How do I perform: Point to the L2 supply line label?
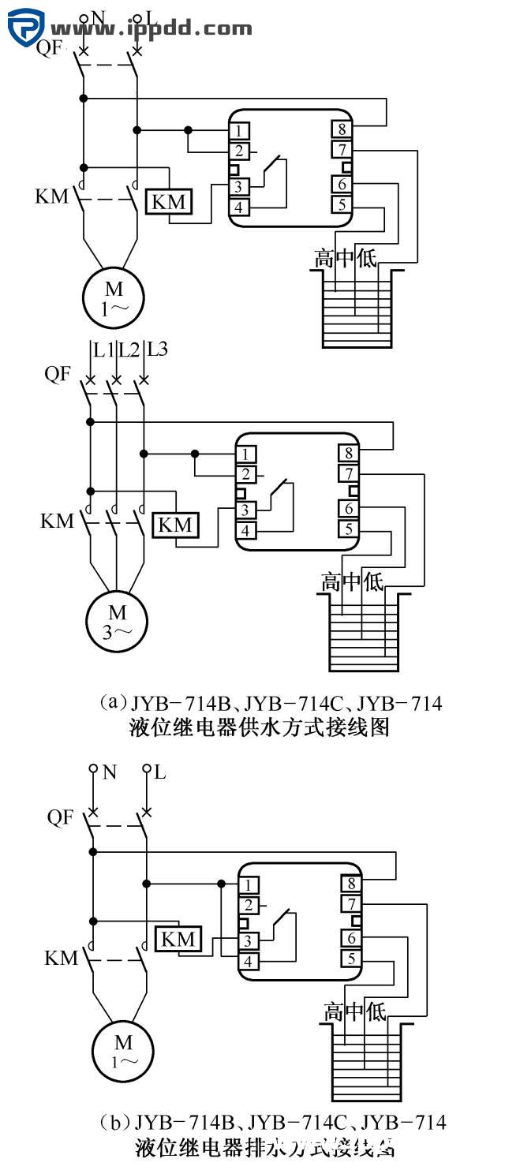(129, 349)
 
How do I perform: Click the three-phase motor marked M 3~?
(117, 620)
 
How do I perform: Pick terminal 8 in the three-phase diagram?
(348, 454)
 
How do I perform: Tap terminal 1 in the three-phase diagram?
(246, 454)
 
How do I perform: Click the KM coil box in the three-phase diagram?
(175, 525)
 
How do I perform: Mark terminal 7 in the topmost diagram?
(341, 149)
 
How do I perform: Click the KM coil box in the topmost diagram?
(169, 202)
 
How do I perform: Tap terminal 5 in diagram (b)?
(351, 959)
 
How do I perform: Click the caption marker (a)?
(113, 701)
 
